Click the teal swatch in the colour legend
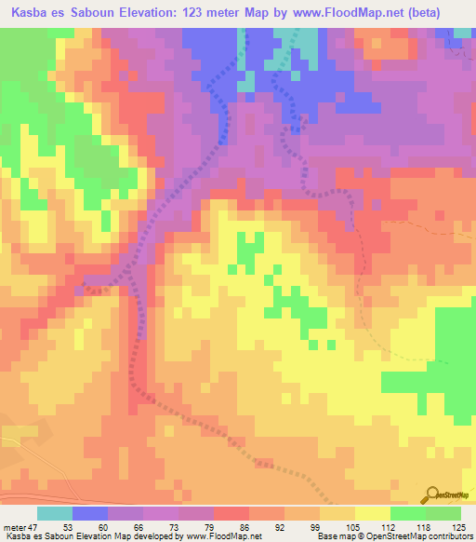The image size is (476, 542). tap(55, 513)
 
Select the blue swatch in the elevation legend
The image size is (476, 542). tap(90, 513)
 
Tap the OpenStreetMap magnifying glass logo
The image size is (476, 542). tap(433, 495)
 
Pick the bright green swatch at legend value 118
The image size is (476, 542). tap(408, 513)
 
